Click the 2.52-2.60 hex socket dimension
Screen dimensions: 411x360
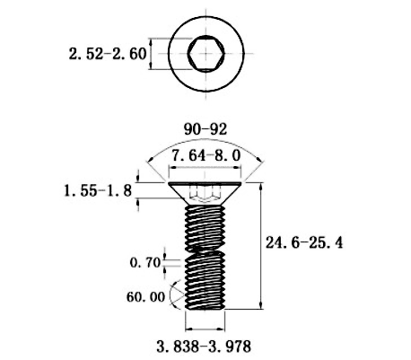108,54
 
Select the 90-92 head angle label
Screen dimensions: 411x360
205,129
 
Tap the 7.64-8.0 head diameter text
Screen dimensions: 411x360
206,155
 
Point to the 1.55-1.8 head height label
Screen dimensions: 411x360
98,190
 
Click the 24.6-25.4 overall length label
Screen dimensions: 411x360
304,242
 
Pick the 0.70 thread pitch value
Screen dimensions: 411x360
145,263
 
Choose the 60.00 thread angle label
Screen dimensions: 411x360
145,297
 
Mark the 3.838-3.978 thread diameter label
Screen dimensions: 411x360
204,347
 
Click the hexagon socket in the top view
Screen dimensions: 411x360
205,54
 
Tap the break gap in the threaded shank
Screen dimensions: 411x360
205,251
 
